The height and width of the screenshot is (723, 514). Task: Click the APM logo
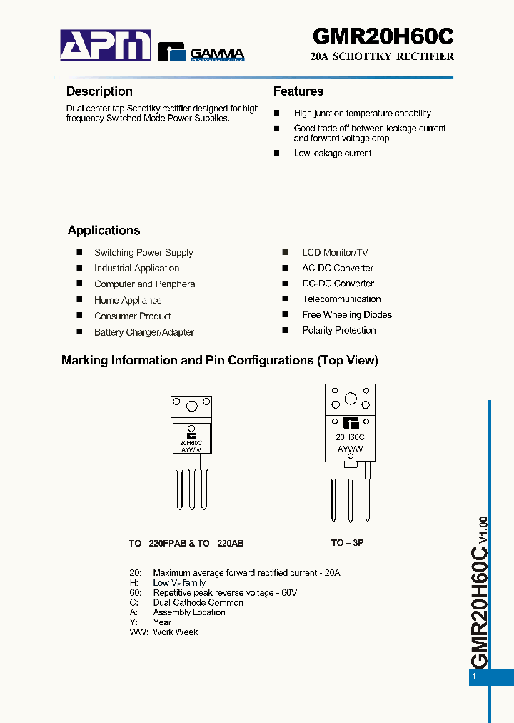tap(105, 45)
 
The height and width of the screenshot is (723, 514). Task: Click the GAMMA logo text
tap(217, 54)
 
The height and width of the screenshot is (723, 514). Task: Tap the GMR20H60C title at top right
tap(383, 36)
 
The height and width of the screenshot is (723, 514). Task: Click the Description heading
tap(99, 91)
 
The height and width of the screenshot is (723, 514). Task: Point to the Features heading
tap(298, 91)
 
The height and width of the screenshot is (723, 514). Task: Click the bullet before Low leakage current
tap(277, 154)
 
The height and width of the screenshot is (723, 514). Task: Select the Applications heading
tap(104, 231)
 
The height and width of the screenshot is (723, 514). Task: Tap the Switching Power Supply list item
tap(143, 253)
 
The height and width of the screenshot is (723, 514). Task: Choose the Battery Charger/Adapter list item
tap(144, 332)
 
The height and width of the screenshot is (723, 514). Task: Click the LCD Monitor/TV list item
tap(335, 252)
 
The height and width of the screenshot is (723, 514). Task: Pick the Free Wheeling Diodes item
tap(347, 315)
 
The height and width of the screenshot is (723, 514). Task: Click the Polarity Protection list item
tap(338, 331)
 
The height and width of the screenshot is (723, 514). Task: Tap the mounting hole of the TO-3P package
tap(351, 399)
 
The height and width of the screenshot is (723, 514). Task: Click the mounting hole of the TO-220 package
tap(191, 407)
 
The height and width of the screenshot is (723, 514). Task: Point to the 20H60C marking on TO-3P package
tap(350, 437)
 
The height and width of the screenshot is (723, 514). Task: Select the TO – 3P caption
tap(347, 543)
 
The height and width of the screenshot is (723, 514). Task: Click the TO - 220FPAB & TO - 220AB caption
tap(186, 544)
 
